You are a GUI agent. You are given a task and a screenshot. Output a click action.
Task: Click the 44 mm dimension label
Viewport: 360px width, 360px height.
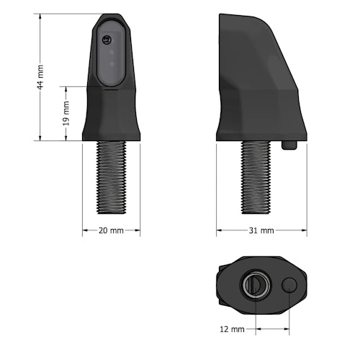[x=40, y=76]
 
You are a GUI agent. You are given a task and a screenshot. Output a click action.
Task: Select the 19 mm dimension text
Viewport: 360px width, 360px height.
[x=66, y=114]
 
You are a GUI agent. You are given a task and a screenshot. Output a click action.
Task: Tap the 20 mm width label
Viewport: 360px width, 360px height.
[x=110, y=230]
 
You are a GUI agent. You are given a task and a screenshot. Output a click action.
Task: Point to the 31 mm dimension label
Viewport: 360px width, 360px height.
[x=261, y=230]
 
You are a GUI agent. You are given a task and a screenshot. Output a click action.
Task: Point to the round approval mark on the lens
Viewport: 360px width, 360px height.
[x=109, y=40]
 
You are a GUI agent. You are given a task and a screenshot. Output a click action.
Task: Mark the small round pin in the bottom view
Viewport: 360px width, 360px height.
[x=291, y=286]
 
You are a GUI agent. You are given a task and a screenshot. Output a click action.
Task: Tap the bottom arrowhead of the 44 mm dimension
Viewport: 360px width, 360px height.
[x=40, y=138]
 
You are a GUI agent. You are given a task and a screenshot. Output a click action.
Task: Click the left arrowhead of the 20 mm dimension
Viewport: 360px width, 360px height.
[x=84, y=230]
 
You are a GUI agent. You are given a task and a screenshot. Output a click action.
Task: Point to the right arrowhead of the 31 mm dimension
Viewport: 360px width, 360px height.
[x=305, y=230]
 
